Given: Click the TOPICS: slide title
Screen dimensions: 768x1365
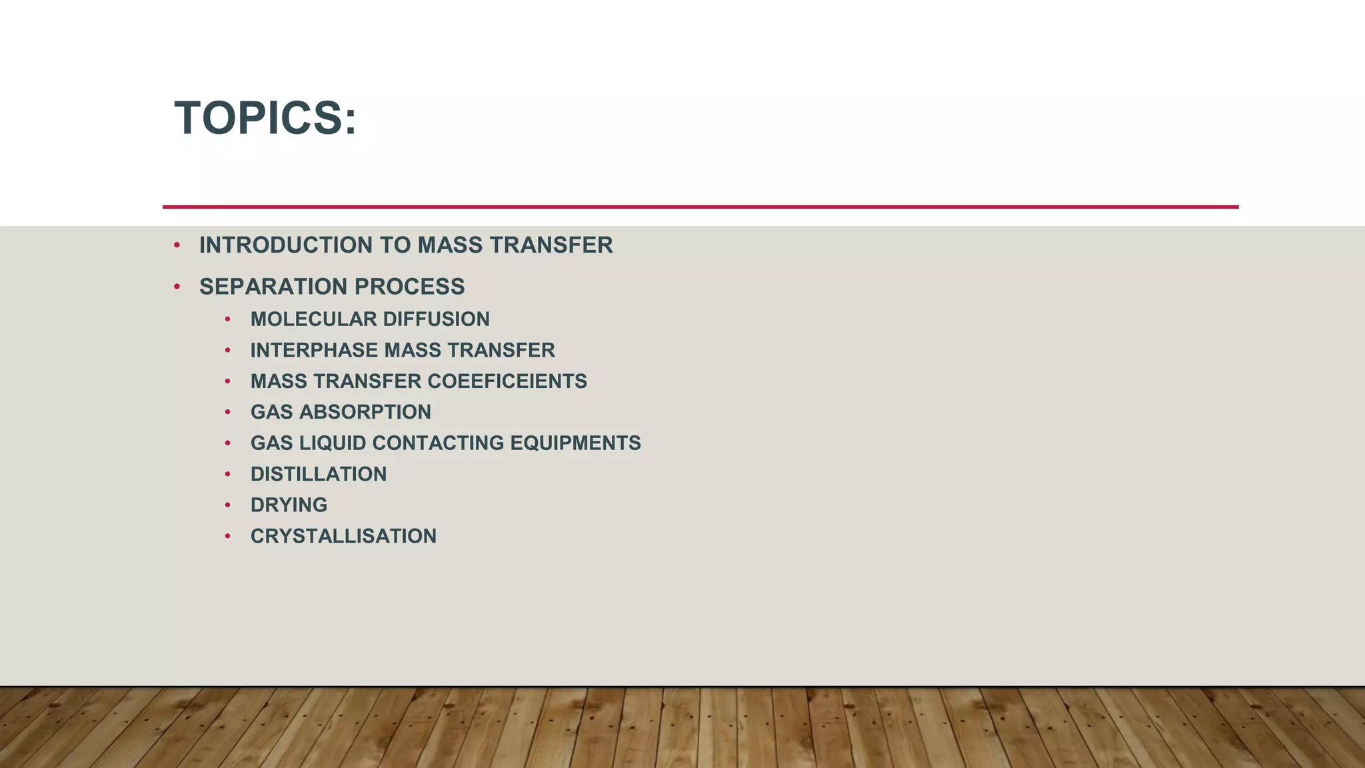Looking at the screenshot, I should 265,118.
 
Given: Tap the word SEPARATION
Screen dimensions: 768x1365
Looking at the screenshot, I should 273,287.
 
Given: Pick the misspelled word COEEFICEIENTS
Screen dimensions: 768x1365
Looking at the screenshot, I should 507,381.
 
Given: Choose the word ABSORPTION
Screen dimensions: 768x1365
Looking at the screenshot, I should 365,412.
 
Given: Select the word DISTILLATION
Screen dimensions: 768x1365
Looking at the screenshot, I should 319,474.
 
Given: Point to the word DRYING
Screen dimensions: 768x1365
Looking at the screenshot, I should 289,505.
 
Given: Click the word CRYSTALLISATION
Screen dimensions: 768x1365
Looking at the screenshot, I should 343,536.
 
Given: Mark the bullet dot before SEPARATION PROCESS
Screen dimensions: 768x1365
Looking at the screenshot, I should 177,287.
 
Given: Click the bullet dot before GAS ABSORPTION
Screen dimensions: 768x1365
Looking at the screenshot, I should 228,412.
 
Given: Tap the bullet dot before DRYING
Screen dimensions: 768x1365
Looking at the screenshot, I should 228,505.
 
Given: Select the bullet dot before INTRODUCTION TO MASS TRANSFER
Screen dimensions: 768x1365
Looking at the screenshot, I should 177,245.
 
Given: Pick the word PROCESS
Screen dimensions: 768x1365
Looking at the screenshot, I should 409,287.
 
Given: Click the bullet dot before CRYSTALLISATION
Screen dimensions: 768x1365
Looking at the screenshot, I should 228,536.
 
